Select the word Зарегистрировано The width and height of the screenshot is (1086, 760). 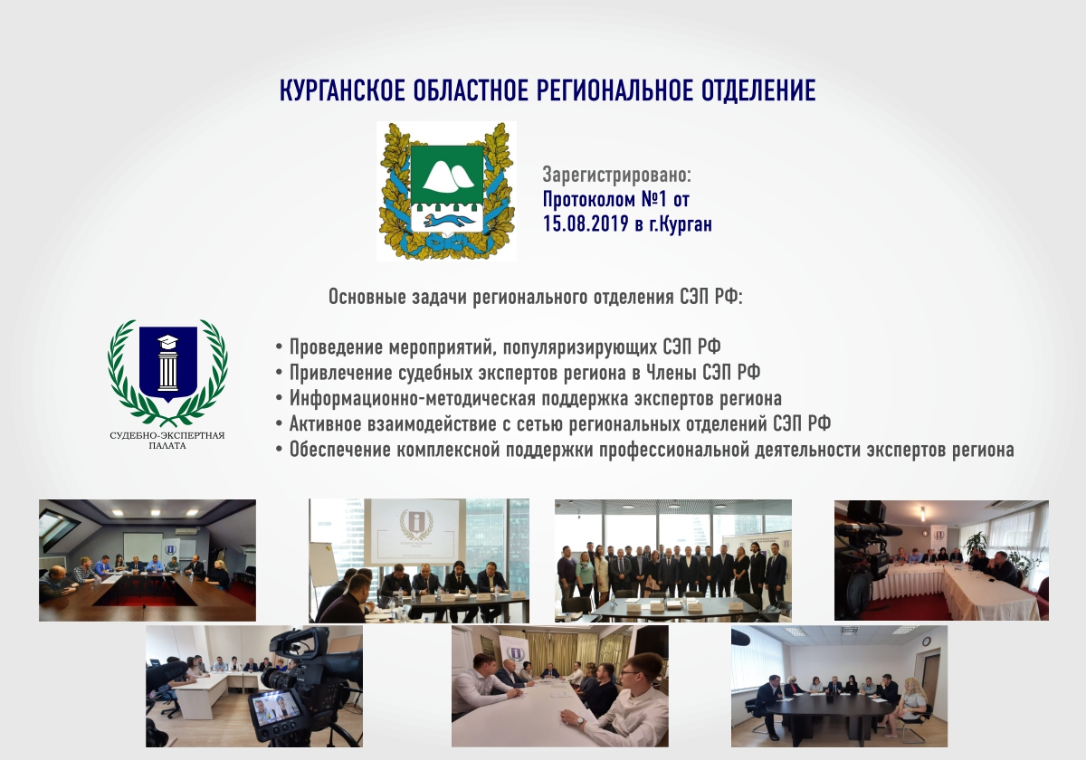coord(616,175)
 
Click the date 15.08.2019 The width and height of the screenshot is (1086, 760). coord(586,224)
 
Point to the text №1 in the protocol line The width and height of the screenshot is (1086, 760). coord(655,199)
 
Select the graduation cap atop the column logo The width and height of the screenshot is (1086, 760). coord(167,340)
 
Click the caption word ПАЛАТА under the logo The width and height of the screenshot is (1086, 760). coord(167,446)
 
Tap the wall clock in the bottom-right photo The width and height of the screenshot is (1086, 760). coord(927,641)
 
